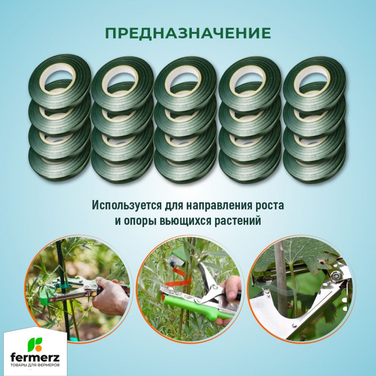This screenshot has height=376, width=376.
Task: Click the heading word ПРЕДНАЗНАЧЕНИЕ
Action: coord(188,33)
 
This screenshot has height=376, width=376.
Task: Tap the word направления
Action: coord(220,206)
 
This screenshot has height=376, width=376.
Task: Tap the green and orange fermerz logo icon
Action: coord(35,344)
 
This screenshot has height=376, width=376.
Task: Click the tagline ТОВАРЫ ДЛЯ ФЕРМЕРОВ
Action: coord(36,366)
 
